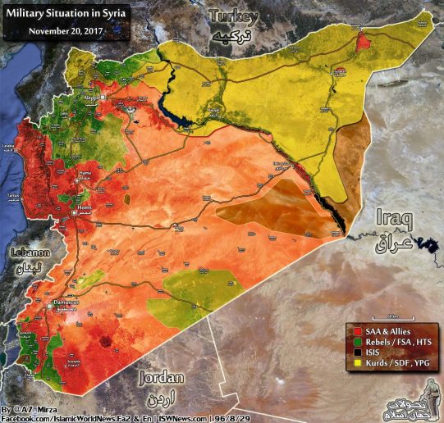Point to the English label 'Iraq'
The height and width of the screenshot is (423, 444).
click(393, 218)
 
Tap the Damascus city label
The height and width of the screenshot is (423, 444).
click(62, 303)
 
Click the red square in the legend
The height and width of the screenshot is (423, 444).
click(350, 330)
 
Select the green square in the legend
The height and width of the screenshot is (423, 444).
click(350, 340)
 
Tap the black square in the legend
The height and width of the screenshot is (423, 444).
click(350, 351)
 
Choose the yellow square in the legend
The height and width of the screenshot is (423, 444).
click(350, 362)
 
